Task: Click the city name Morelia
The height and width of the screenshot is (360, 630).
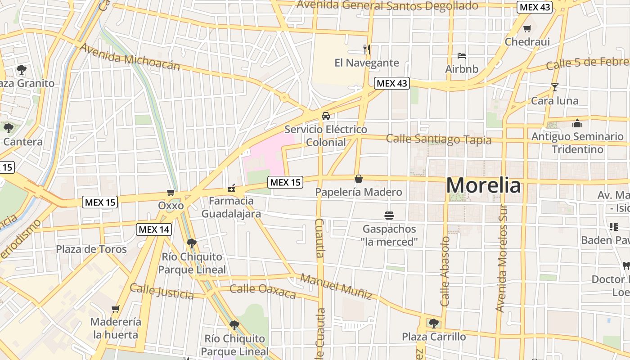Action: (x=484, y=185)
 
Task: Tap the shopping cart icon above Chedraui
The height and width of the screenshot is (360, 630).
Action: (x=527, y=29)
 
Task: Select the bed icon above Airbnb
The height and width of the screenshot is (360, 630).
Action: (x=461, y=56)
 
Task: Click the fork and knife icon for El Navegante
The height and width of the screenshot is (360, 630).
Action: (x=367, y=49)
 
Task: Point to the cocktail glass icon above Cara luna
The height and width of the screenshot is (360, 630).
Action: (x=554, y=87)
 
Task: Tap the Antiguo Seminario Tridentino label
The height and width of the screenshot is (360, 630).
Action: (x=577, y=143)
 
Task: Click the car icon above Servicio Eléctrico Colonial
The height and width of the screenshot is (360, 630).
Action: (x=326, y=116)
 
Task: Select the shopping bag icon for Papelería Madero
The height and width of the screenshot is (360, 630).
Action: (x=359, y=179)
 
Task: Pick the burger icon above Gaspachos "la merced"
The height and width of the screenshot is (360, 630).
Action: (x=389, y=216)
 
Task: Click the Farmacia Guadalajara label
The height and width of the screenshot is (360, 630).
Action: (x=231, y=207)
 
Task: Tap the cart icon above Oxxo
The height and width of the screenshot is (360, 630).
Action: (x=171, y=193)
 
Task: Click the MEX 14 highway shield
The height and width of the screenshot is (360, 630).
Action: (x=154, y=229)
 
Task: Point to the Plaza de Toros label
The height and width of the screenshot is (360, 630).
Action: (x=91, y=249)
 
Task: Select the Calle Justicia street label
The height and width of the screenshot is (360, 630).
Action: (x=162, y=292)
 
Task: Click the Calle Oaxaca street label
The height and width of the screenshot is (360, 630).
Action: (x=263, y=291)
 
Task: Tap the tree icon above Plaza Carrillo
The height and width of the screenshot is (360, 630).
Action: (x=433, y=323)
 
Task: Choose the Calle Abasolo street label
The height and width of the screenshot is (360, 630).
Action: (x=445, y=271)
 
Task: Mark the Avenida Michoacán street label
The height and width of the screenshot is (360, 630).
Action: (x=130, y=57)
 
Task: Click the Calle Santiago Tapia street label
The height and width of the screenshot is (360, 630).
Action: (x=439, y=139)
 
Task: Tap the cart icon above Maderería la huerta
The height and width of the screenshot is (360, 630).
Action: (x=116, y=309)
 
